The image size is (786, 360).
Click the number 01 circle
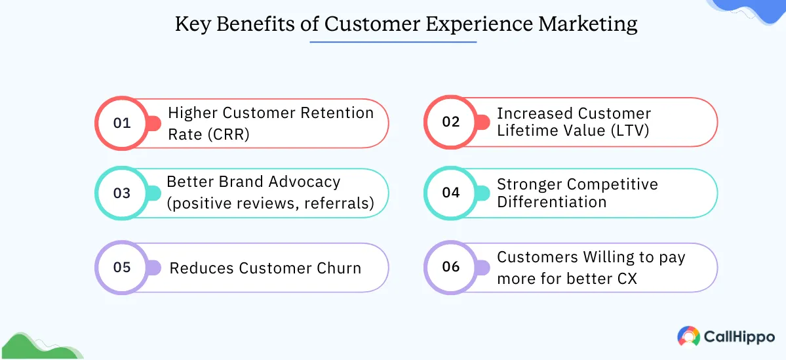point(123,123)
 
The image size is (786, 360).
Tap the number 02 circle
point(451,122)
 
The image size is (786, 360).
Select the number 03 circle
point(123,193)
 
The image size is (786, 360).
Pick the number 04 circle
point(451,193)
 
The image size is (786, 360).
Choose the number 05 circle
point(123,268)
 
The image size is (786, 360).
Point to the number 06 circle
point(451,267)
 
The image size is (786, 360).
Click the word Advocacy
point(305,182)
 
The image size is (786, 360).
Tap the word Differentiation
point(552,202)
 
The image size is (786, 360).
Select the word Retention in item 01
point(337,113)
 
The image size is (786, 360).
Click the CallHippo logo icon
point(688,336)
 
